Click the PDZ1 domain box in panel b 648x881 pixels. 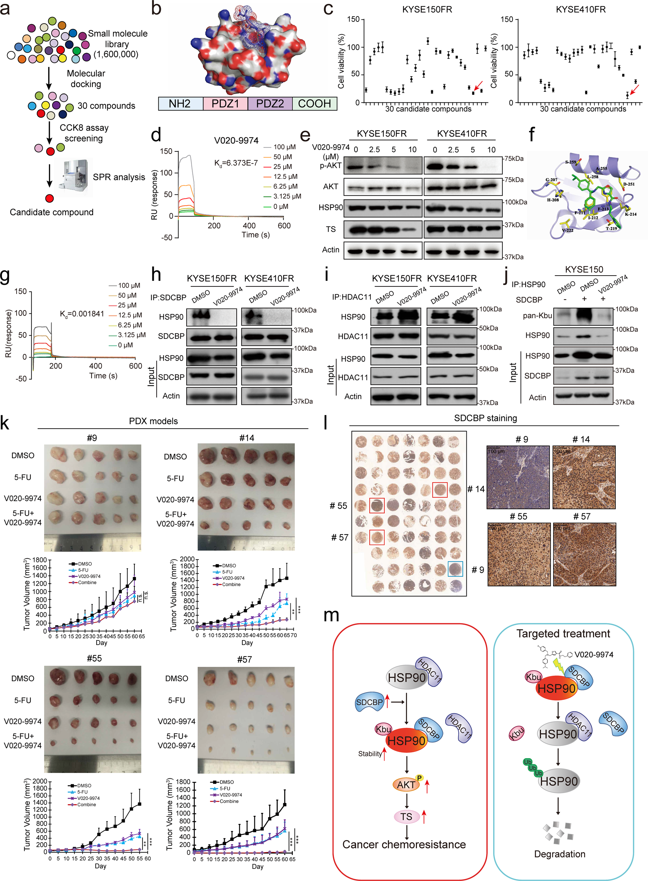(225, 104)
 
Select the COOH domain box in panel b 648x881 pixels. (314, 104)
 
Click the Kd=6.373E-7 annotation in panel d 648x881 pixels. (236, 163)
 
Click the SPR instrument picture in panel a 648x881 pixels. (74, 177)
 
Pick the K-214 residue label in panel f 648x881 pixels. (630, 214)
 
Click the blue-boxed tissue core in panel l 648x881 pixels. (455, 568)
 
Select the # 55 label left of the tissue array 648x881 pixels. (338, 506)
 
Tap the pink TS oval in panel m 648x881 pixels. (406, 816)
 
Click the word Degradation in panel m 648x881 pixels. (559, 854)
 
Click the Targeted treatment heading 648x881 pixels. (563, 633)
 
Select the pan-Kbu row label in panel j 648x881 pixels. (537, 316)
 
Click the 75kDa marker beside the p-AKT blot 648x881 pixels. (514, 158)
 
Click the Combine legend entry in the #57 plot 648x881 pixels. (229, 801)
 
